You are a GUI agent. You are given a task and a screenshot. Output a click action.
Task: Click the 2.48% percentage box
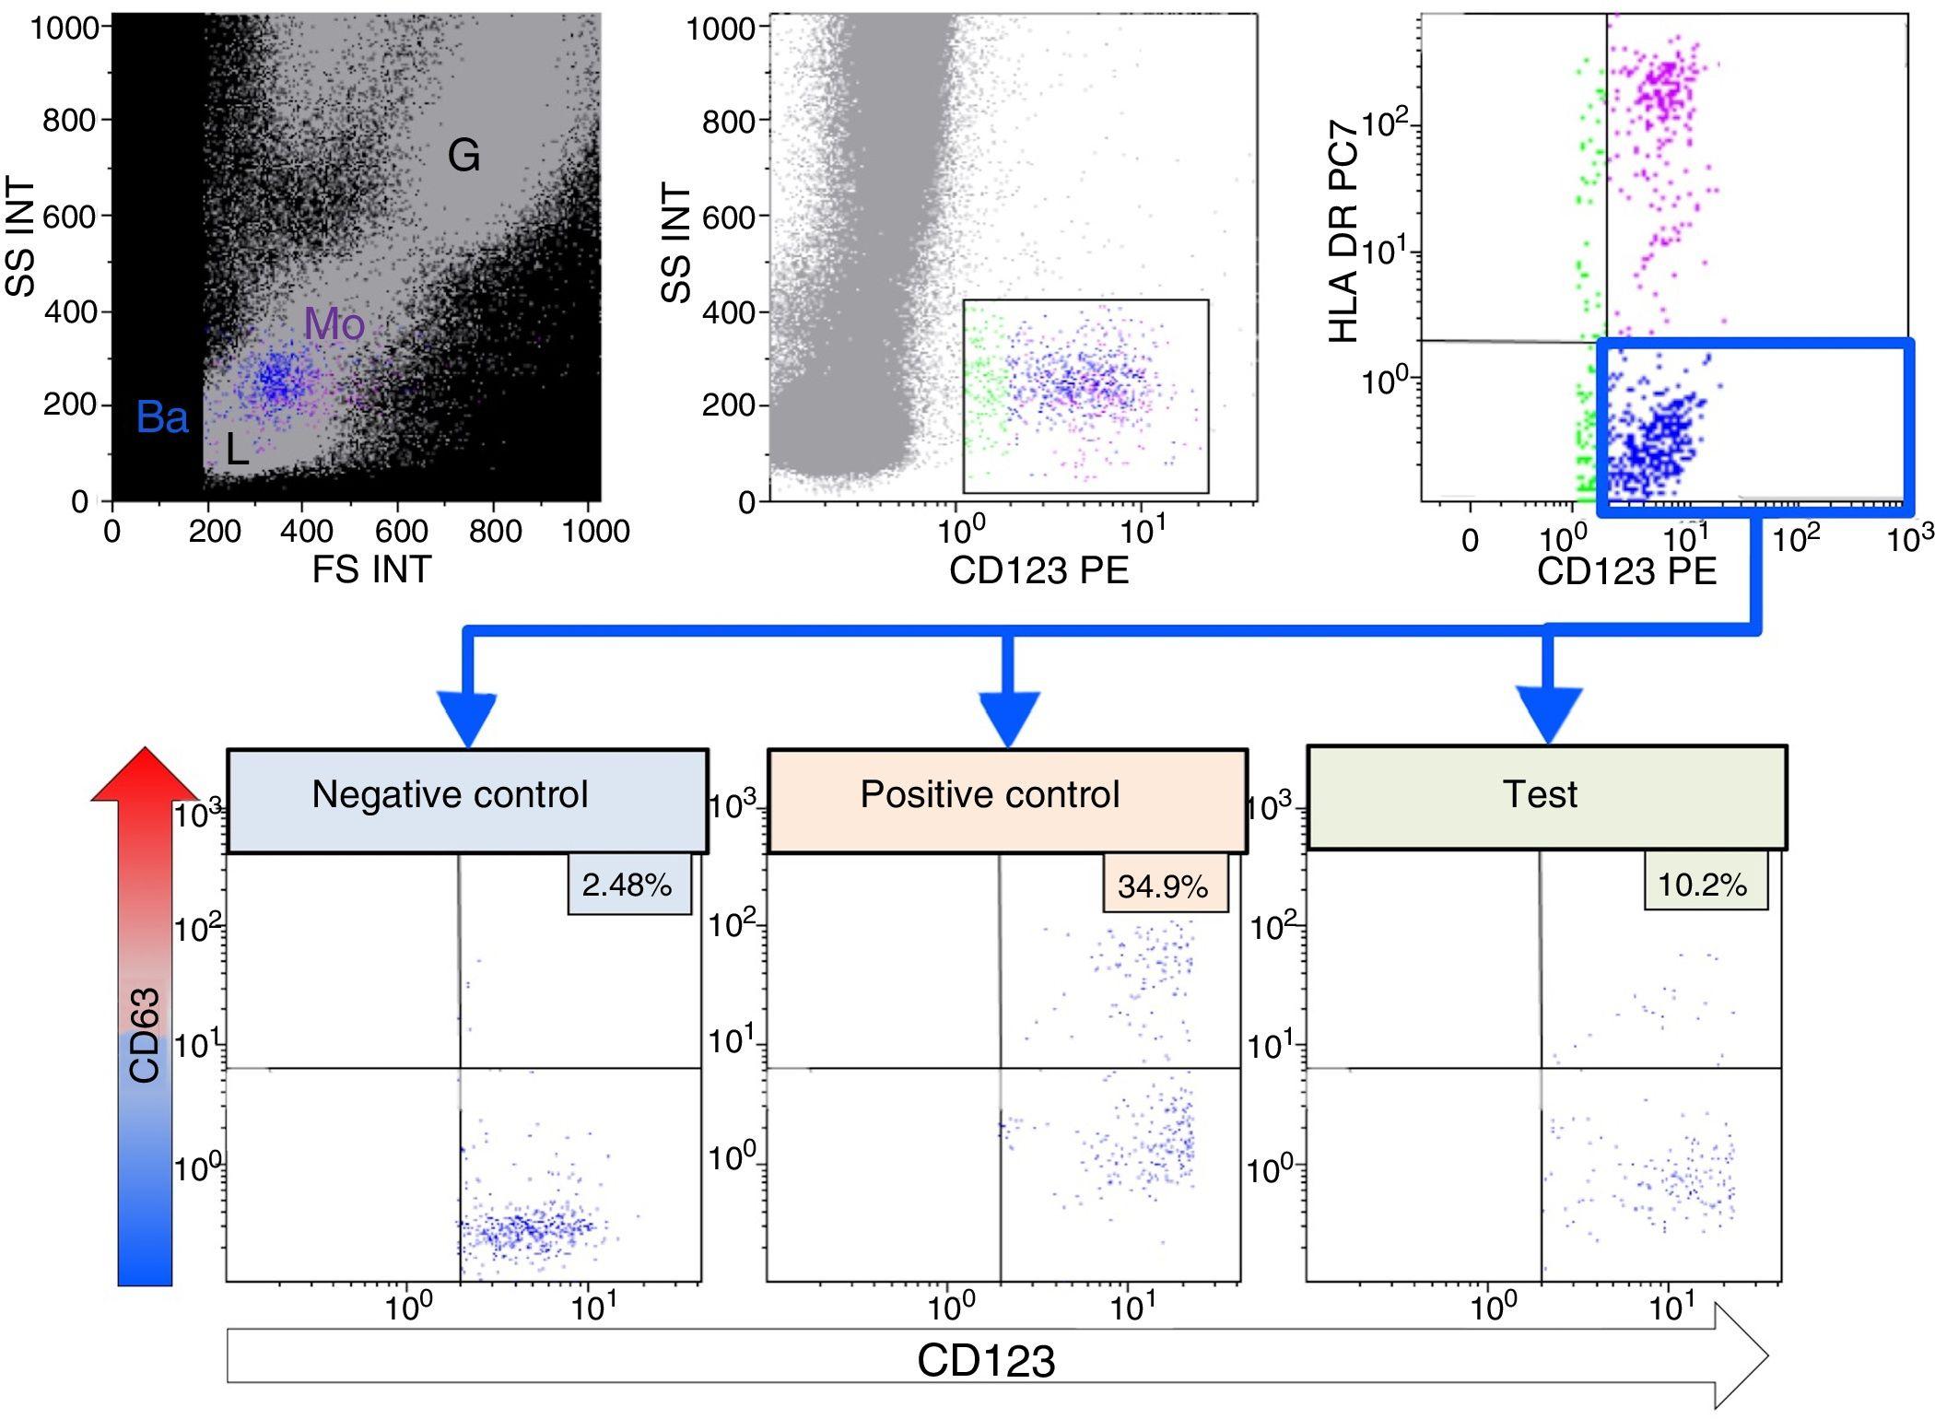point(628,885)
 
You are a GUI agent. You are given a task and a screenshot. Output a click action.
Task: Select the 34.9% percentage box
point(1165,885)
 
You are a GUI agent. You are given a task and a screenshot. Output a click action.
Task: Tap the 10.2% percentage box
point(1705,884)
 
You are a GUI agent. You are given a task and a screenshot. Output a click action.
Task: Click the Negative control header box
point(467,800)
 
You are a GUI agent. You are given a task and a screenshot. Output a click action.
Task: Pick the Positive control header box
point(1007,800)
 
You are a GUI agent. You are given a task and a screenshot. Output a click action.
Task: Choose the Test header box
point(1546,797)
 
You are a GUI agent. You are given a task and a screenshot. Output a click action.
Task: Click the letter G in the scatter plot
point(463,156)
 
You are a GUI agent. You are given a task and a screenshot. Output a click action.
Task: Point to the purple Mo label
point(334,323)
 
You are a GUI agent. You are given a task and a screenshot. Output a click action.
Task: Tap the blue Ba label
point(162,417)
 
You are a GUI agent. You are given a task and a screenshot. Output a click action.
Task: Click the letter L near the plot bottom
point(237,451)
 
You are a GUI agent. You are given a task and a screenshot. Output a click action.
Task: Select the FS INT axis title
point(371,569)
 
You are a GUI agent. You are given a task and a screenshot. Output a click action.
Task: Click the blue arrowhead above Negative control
point(468,719)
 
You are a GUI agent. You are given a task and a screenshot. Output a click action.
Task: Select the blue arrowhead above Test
point(1548,715)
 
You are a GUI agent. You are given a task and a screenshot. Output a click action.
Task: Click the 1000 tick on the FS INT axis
point(596,532)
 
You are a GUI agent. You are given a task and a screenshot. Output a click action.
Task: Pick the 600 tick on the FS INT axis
point(401,532)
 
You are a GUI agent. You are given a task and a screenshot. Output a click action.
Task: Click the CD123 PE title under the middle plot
point(1038,570)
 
